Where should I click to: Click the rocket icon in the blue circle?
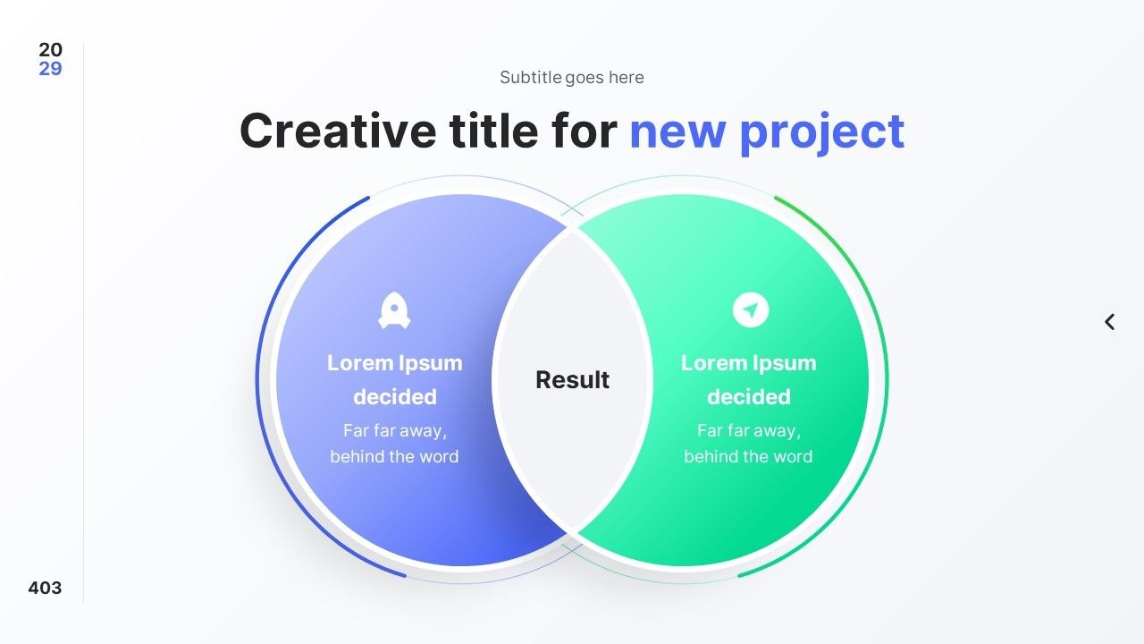click(x=394, y=310)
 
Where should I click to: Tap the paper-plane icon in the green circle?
click(x=750, y=309)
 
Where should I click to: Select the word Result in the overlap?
click(x=572, y=380)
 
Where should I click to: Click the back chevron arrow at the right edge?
click(x=1109, y=322)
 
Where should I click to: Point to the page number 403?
click(x=45, y=588)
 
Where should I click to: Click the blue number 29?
click(x=50, y=69)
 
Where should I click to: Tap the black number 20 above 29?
click(x=50, y=49)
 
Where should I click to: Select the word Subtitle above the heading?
click(x=531, y=77)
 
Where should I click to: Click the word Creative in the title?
click(x=338, y=131)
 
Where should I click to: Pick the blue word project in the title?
click(x=822, y=134)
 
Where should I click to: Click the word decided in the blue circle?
click(x=395, y=396)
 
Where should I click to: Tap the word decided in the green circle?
click(x=749, y=396)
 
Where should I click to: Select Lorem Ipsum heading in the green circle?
click(x=749, y=363)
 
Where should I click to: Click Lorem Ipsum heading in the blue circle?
click(x=395, y=363)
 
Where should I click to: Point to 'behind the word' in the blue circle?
click(x=394, y=456)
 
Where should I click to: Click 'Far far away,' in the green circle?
click(x=749, y=431)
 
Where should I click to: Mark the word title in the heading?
click(x=493, y=131)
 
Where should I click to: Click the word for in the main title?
click(x=585, y=131)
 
